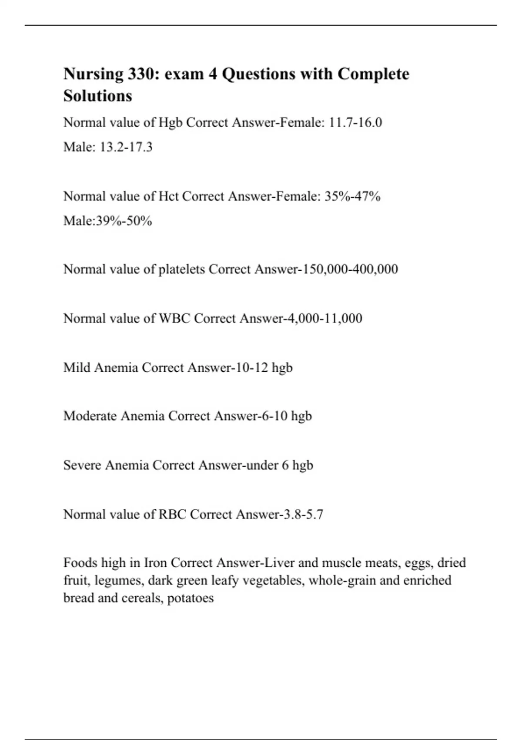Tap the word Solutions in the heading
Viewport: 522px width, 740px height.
coord(97,96)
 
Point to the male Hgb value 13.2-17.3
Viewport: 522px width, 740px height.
coord(126,147)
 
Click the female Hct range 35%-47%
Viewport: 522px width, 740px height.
coord(352,196)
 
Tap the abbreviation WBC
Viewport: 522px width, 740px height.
coord(174,318)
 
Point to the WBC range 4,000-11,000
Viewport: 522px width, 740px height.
coord(324,318)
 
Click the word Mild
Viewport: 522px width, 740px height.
coord(77,367)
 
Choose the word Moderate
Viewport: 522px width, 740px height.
coord(90,416)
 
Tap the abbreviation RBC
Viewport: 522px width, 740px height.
coord(172,515)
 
